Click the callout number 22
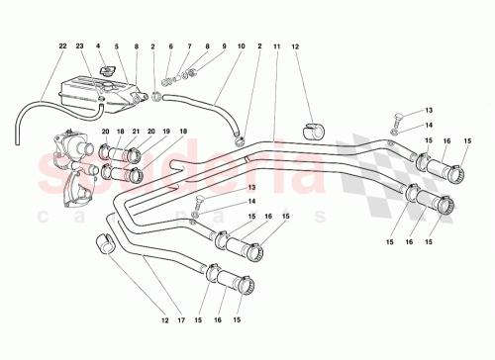pos(62,45)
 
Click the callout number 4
pos(99,45)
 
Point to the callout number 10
pos(117,45)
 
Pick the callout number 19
pos(166,132)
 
